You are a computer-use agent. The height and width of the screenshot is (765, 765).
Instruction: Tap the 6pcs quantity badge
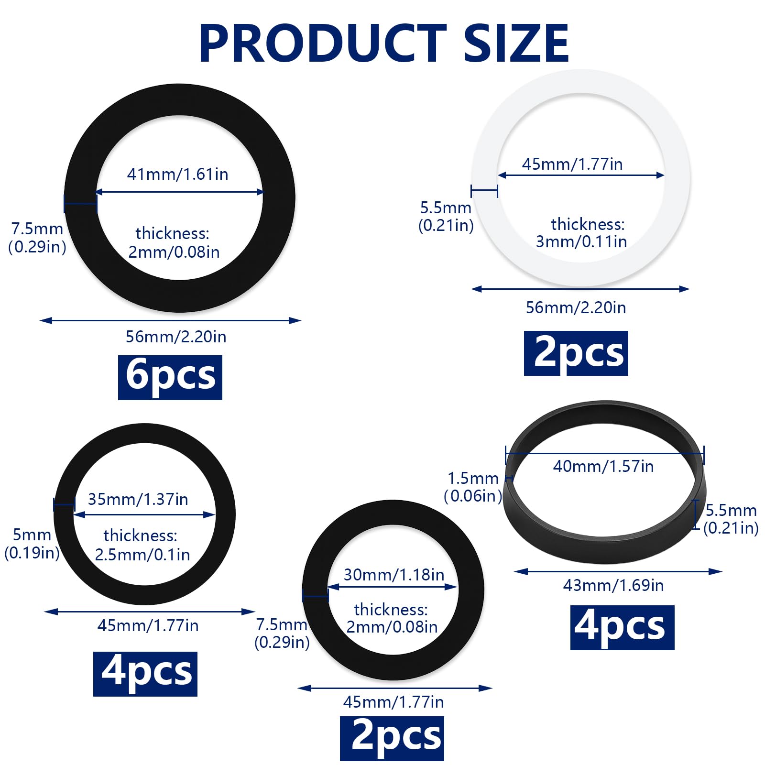170,377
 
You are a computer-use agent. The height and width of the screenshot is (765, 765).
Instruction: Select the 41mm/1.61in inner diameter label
177,174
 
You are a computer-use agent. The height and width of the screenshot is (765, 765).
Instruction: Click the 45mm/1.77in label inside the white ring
572,164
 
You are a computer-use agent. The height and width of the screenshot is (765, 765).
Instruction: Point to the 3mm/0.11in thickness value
581,241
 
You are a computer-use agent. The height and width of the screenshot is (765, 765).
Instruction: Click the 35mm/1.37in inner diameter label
138,499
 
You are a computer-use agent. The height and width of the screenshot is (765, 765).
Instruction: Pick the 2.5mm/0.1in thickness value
142,555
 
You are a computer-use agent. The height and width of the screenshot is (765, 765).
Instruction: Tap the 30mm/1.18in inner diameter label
394,574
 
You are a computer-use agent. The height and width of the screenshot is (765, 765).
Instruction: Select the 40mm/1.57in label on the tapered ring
603,466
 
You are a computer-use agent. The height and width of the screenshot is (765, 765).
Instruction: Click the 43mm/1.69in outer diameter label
613,585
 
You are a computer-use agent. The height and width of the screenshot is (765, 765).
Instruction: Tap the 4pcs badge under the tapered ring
622,627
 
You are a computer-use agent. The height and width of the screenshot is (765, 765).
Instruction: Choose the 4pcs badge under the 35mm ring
145,674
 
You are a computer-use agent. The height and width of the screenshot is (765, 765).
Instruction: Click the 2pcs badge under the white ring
576,353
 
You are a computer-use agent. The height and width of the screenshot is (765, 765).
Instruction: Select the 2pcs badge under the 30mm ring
392,738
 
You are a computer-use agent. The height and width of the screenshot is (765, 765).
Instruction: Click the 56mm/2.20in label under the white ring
576,307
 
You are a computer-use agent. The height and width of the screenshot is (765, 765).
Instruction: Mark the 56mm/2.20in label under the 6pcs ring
176,337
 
